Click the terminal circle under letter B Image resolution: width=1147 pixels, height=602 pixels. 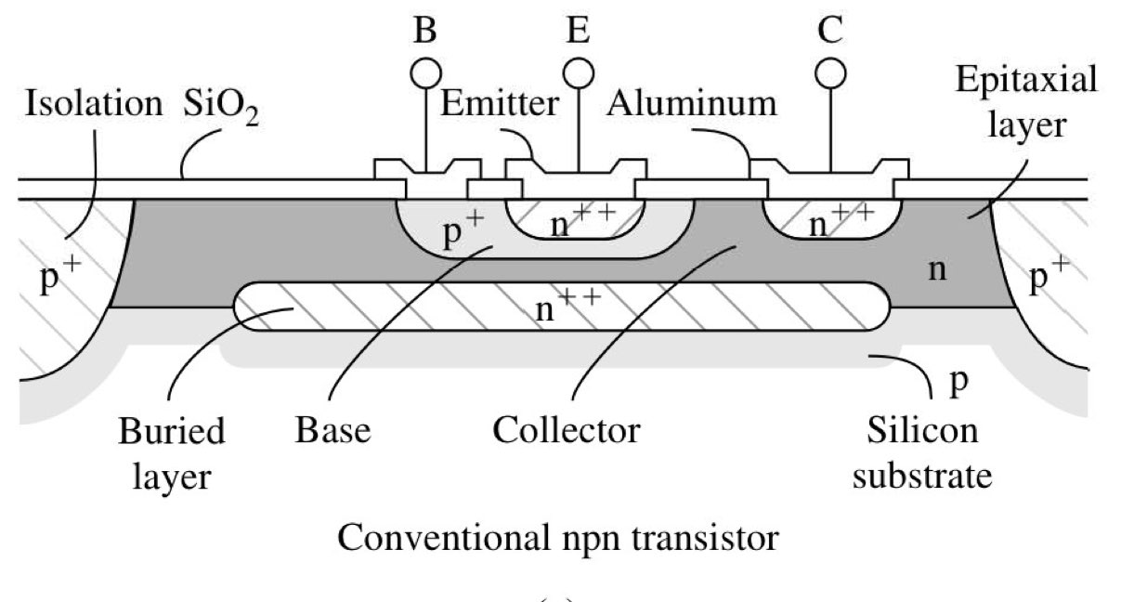point(424,72)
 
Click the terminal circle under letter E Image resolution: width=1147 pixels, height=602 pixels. point(579,72)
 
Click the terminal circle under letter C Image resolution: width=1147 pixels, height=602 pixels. point(829,72)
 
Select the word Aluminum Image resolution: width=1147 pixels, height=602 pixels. point(692,102)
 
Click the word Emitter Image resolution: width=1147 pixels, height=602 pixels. point(499,102)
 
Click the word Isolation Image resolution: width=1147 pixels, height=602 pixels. point(93,103)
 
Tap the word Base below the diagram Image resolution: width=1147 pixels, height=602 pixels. point(332,431)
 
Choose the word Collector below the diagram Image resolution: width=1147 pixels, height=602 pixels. point(566,431)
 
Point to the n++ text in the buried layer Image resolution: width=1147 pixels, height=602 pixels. point(561,306)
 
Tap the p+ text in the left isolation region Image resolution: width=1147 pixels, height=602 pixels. point(60,278)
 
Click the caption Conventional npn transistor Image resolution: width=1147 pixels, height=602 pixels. point(557,537)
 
